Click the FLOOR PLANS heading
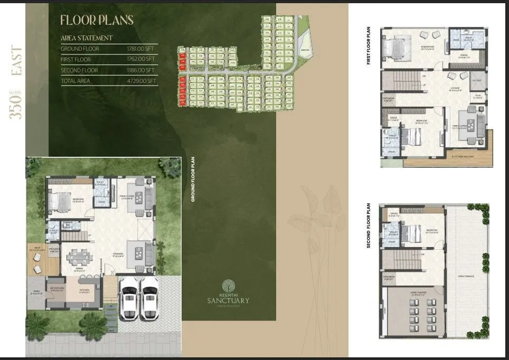pyautogui.click(x=97, y=21)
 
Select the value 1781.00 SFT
pyautogui.click(x=141, y=49)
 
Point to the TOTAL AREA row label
pyautogui.click(x=76, y=81)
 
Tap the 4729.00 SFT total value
pyautogui.click(x=141, y=81)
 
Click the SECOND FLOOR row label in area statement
pyautogui.click(x=79, y=70)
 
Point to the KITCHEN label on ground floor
pyautogui.click(x=84, y=290)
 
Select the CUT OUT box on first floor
pyautogui.click(x=477, y=81)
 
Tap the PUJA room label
pyautogui.click(x=477, y=96)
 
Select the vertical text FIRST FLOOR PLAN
pyautogui.click(x=368, y=46)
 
